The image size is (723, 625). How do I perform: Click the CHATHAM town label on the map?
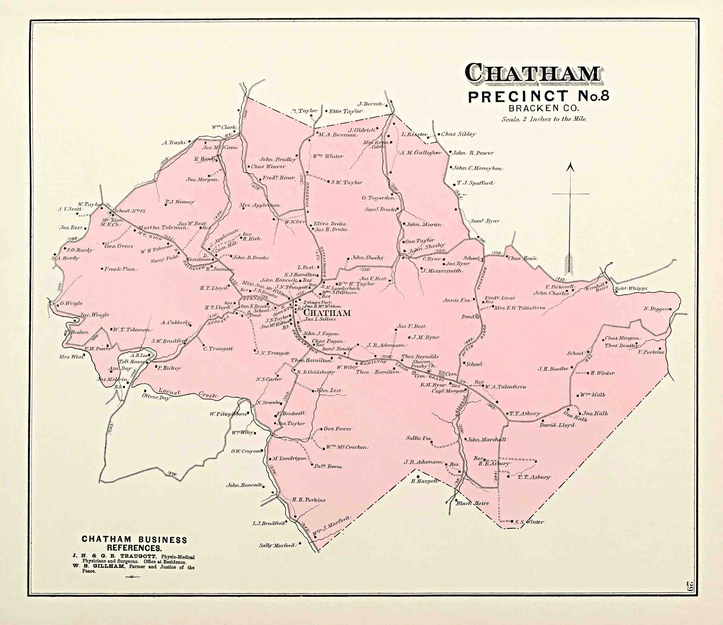click(327, 313)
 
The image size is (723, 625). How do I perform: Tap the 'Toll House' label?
click(132, 362)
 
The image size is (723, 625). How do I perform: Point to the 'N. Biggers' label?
click(656, 309)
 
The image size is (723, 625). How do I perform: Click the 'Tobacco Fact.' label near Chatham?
click(315, 302)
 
